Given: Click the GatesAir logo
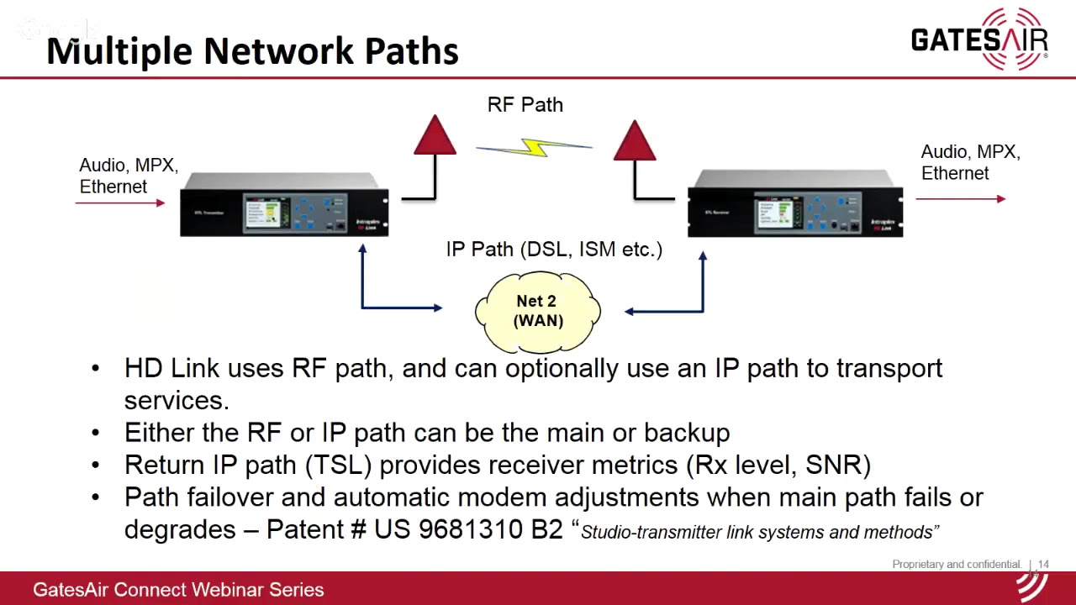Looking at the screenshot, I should click(x=979, y=39).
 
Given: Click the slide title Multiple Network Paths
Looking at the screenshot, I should click(x=252, y=51).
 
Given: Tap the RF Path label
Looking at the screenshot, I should click(x=525, y=105).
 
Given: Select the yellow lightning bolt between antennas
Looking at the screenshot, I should click(x=535, y=149).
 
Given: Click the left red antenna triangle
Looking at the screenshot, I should click(x=435, y=137).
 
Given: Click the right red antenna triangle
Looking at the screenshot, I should click(x=635, y=141).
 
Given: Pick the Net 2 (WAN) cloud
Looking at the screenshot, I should click(x=538, y=311).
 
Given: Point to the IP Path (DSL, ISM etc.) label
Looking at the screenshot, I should click(x=554, y=250).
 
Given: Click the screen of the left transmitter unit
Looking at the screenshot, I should click(x=266, y=210).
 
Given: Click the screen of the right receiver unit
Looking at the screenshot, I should click(x=778, y=213).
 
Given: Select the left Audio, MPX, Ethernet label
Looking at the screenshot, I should click(x=129, y=176).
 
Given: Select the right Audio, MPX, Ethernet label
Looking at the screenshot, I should click(x=970, y=162).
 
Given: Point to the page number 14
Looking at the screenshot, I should click(x=1043, y=565).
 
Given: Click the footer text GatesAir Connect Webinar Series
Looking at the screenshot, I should click(x=178, y=590).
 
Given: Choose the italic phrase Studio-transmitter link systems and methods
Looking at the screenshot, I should click(x=759, y=532).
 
